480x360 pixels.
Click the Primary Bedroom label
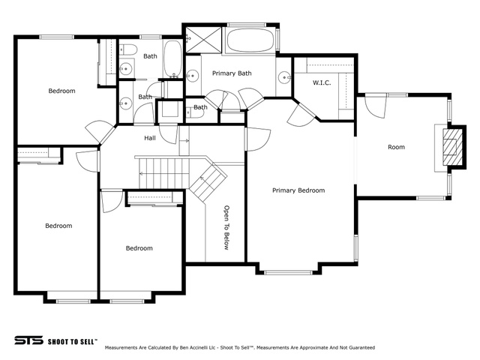[298, 190]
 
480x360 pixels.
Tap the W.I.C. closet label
[322, 82]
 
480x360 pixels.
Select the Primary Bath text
[232, 73]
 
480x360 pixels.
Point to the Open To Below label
[226, 228]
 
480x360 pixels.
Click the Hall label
[150, 138]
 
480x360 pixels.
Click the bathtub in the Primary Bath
[250, 40]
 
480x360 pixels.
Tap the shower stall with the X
[203, 40]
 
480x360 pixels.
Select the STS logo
[28, 340]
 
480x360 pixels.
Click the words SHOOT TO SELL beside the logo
[73, 342]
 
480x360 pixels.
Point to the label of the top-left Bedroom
[61, 91]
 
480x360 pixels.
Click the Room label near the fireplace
[397, 147]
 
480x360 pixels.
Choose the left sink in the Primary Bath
[193, 75]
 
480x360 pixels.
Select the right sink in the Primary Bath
[284, 77]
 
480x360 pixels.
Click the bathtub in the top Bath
[173, 58]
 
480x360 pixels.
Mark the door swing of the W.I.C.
[300, 115]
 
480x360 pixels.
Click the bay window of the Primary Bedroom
[288, 272]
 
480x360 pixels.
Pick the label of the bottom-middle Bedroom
[139, 248]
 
